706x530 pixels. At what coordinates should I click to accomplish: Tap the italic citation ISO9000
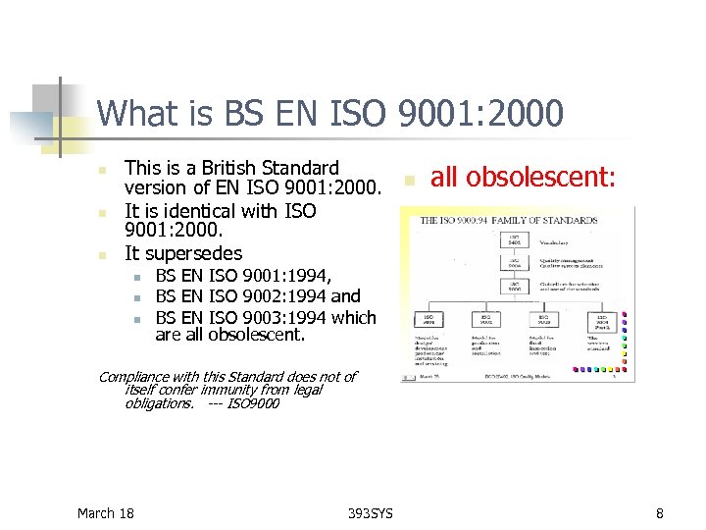253,403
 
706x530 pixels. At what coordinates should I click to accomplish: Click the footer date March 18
106,512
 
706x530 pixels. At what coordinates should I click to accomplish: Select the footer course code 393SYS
371,512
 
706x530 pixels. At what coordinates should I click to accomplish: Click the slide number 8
660,512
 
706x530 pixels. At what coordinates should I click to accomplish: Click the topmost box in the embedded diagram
514,239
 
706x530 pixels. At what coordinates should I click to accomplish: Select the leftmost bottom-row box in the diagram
429,320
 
